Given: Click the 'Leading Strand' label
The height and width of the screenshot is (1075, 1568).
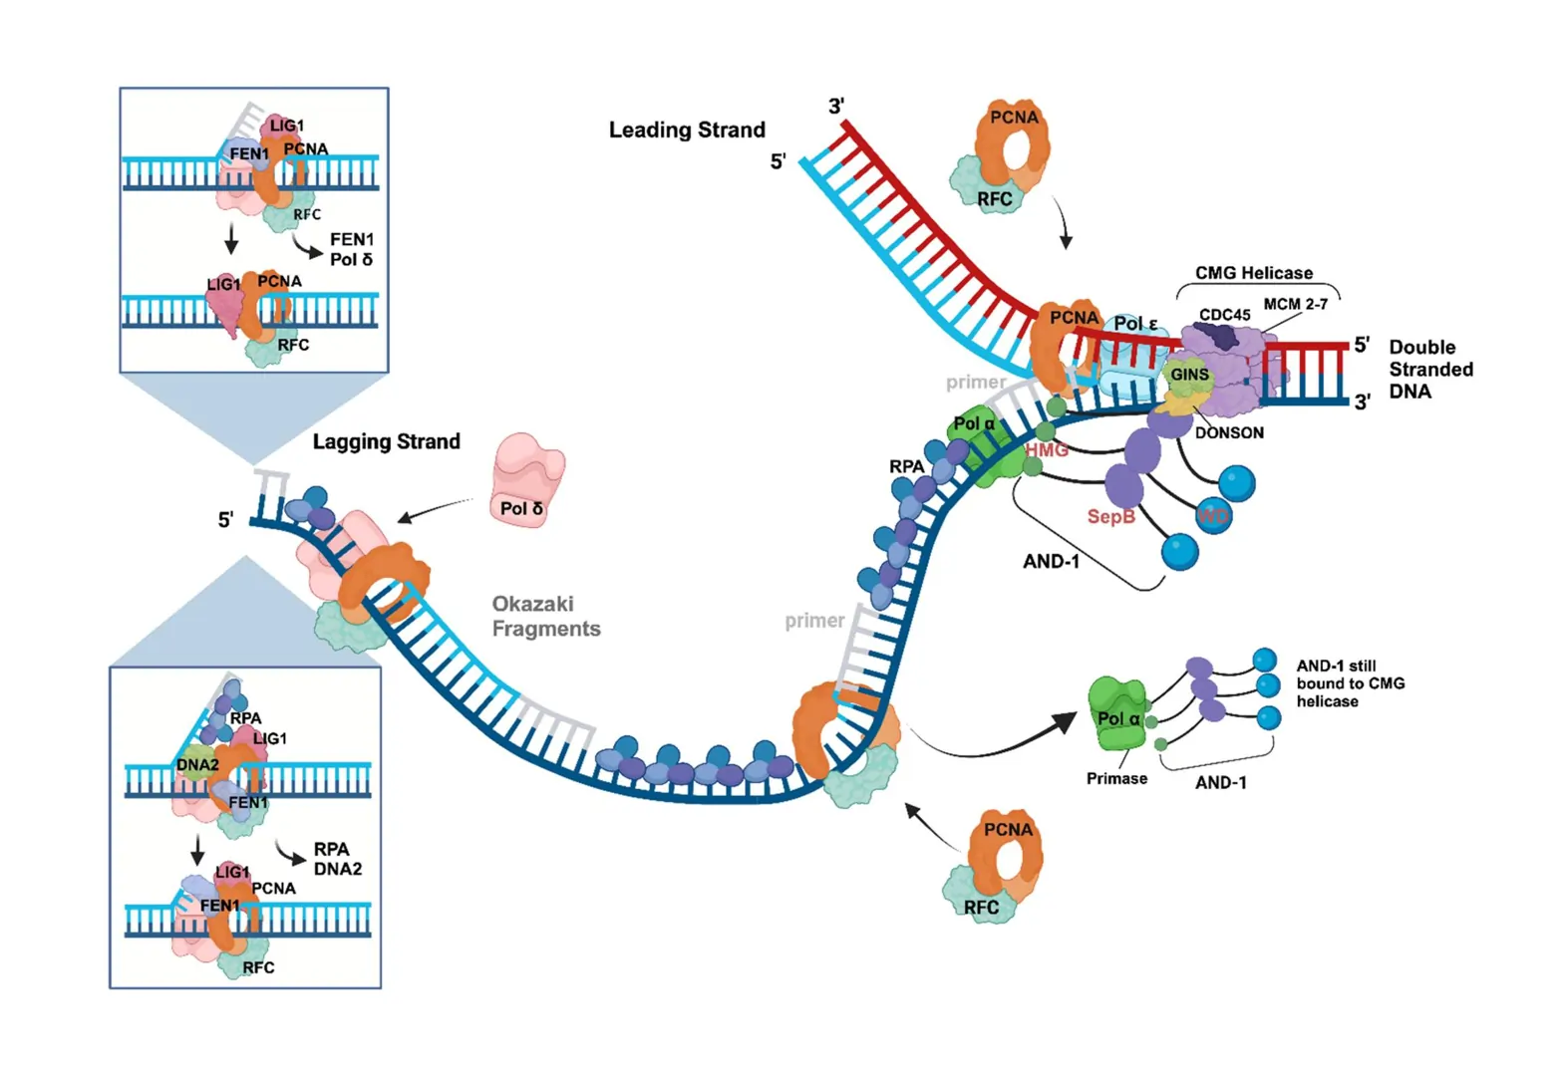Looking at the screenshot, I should (x=687, y=130).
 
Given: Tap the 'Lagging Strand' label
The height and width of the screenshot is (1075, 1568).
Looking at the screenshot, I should (x=386, y=441).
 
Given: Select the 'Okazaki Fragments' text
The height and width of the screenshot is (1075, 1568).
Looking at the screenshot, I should (x=545, y=616).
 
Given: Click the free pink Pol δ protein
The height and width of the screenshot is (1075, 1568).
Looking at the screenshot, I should (x=527, y=480).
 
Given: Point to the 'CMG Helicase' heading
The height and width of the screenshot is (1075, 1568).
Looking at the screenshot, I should (x=1253, y=273).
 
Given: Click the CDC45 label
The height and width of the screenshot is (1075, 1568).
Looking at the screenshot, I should (x=1224, y=315).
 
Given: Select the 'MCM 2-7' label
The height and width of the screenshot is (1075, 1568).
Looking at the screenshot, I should (x=1295, y=304).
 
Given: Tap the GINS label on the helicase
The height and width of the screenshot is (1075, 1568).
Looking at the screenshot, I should (x=1188, y=375).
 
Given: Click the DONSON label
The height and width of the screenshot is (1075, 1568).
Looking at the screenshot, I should (x=1229, y=432).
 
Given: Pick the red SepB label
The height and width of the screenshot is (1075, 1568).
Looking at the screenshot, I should (x=1110, y=516).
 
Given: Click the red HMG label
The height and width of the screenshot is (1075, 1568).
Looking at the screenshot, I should (x=1047, y=450).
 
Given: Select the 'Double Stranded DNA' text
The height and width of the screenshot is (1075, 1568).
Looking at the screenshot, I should (x=1430, y=370).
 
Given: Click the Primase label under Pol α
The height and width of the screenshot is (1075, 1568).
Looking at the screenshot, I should (x=1116, y=778).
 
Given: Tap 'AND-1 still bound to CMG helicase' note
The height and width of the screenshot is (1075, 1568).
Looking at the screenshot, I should (x=1350, y=683).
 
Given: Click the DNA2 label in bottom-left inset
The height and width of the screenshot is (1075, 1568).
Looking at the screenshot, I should (x=196, y=765).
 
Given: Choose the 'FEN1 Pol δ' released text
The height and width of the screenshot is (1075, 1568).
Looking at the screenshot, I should (x=351, y=249).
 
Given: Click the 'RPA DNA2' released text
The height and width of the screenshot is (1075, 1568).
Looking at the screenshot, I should (x=337, y=859).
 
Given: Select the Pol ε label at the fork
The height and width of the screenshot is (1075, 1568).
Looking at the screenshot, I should (x=1135, y=324).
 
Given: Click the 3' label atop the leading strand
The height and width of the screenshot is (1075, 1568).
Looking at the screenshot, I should (x=836, y=106).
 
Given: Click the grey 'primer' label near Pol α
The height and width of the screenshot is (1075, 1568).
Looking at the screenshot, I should (x=975, y=382).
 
